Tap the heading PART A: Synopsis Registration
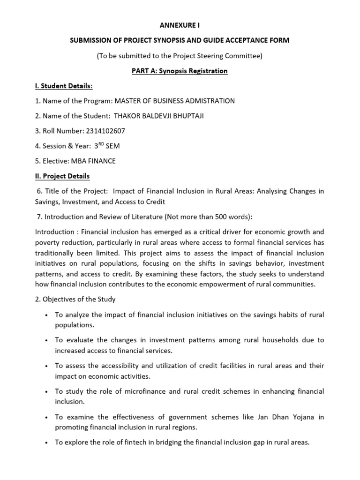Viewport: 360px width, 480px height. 180,71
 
